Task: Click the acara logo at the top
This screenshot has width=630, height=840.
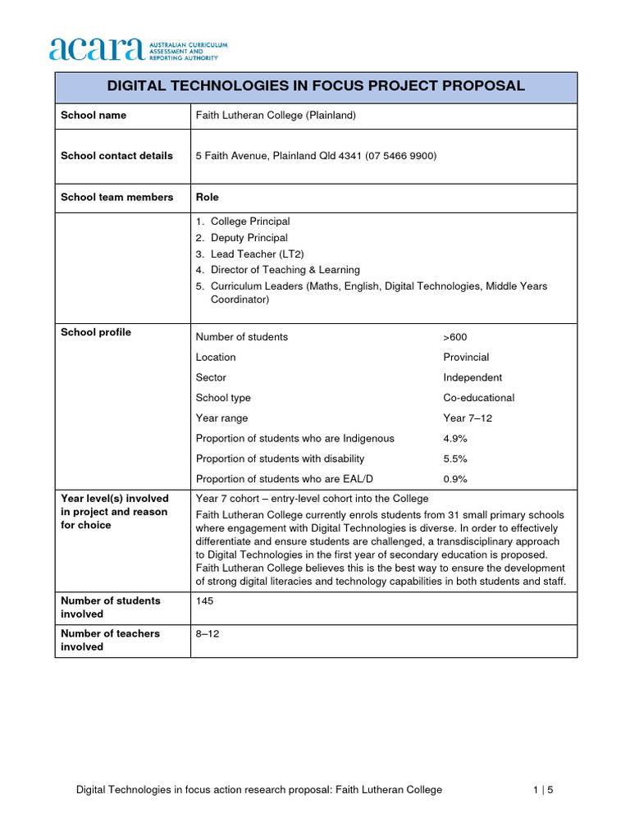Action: [x=138, y=49]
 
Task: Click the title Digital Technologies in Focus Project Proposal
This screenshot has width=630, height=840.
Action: [x=316, y=87]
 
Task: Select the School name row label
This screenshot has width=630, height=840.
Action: [x=94, y=116]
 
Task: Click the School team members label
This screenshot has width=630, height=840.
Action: [x=116, y=197]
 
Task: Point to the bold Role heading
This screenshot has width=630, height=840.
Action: [x=208, y=197]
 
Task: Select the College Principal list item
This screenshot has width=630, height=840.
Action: [x=249, y=221]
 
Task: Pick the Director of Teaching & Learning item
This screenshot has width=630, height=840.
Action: [x=285, y=270]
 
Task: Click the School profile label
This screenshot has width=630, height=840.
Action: [x=95, y=332]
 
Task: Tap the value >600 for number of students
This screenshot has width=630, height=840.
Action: [x=455, y=337]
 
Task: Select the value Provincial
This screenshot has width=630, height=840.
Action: [x=466, y=358]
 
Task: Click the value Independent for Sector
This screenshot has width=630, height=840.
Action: [x=472, y=378]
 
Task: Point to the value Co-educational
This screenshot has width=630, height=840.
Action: [x=479, y=398]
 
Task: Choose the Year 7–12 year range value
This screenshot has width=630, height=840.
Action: [x=468, y=418]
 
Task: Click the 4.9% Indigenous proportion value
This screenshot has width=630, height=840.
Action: [x=455, y=439]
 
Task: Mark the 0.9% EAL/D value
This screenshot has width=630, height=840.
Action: [x=455, y=479]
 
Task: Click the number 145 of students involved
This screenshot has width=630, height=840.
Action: [x=205, y=601]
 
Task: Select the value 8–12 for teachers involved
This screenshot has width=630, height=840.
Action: [x=208, y=634]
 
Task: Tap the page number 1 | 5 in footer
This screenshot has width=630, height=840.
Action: [x=543, y=790]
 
